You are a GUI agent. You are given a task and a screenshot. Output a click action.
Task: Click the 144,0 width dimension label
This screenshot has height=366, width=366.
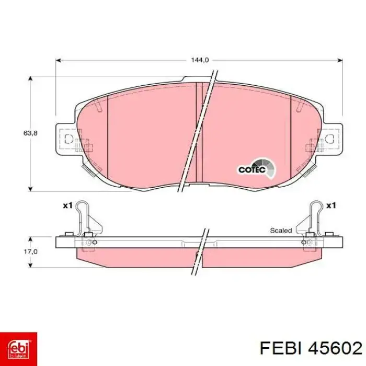(x=200, y=60)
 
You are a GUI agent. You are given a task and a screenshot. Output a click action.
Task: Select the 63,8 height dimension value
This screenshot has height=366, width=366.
(x=30, y=133)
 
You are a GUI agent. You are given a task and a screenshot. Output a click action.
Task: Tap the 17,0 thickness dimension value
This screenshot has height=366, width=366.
(x=30, y=251)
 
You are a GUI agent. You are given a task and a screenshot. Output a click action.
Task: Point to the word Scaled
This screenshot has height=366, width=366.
(x=281, y=231)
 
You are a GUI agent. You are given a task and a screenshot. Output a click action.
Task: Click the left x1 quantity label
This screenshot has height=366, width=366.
(x=67, y=205)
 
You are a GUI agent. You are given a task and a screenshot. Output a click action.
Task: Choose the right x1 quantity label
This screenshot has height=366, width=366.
(x=331, y=205)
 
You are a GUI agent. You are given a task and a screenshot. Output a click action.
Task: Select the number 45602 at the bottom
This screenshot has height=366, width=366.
(x=335, y=349)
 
